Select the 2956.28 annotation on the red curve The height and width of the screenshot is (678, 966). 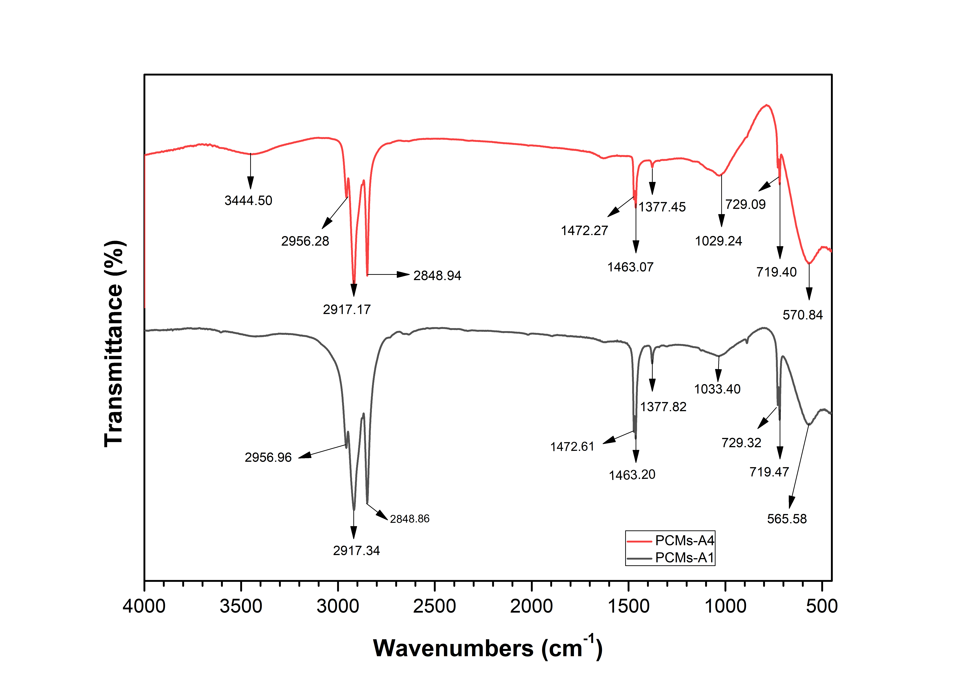[x=305, y=241]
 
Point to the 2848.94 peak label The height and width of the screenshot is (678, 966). [x=437, y=276]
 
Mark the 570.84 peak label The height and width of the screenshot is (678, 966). [x=802, y=315]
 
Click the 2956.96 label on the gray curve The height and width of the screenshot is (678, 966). [x=268, y=458]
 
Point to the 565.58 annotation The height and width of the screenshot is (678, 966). [x=787, y=519]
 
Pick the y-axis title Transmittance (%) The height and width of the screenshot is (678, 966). [x=114, y=344]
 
